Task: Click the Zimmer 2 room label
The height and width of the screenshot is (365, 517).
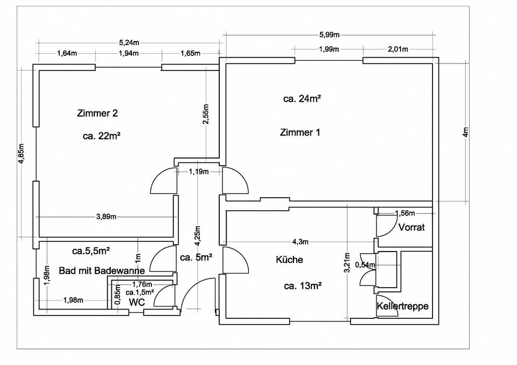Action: tap(97, 113)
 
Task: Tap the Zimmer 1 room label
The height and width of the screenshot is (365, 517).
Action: tap(300, 132)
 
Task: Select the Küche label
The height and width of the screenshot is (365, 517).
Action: tap(289, 260)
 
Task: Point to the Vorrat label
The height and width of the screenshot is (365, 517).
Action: tap(411, 227)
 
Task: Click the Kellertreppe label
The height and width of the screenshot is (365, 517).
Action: tap(403, 306)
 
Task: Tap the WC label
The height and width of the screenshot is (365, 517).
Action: tap(137, 302)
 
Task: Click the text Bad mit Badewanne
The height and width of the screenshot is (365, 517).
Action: tap(102, 270)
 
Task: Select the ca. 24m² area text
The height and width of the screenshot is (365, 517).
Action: tap(302, 98)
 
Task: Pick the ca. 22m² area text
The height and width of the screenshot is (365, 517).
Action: tap(101, 136)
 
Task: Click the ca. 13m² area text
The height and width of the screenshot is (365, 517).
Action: tap(303, 285)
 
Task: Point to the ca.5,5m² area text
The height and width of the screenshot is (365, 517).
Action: tap(92, 251)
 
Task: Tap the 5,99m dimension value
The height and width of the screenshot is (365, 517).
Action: tap(329, 35)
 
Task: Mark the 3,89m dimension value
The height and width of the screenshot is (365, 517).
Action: tap(106, 217)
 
